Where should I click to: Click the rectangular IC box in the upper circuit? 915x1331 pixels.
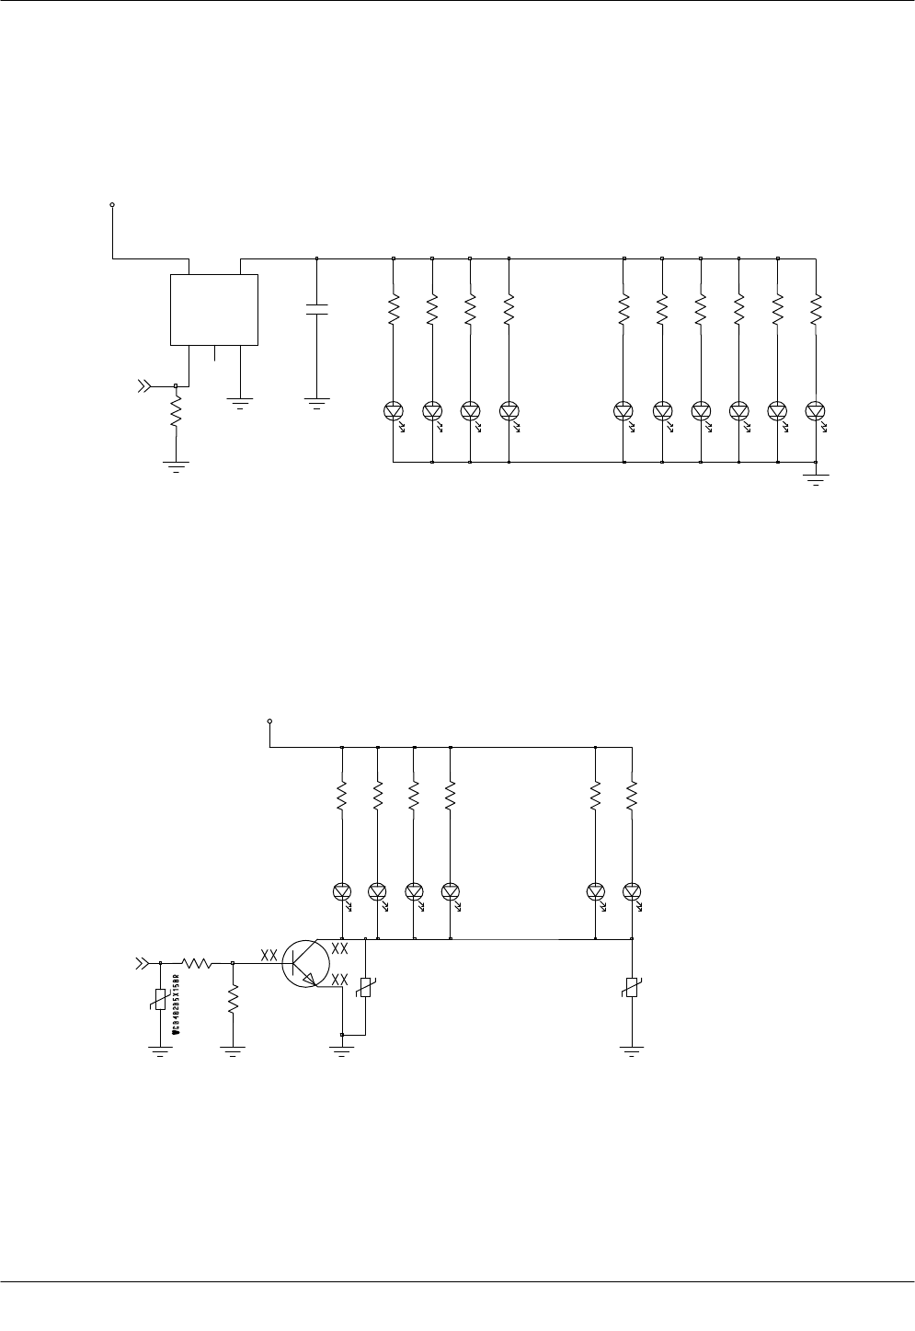tap(214, 309)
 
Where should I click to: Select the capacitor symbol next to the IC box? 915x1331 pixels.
tap(316, 308)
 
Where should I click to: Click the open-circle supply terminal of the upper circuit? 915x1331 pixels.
tap(112, 205)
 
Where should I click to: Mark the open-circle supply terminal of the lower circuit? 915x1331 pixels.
tap(269, 721)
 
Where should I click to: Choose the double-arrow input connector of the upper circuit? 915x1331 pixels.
tap(144, 386)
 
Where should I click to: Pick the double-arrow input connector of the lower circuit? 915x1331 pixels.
tap(142, 963)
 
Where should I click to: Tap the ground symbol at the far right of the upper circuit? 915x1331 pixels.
tap(816, 478)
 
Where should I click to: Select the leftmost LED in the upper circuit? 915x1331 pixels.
tap(393, 410)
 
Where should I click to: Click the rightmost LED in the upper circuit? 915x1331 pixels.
tap(815, 410)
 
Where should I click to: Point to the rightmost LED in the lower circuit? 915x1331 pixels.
tap(632, 891)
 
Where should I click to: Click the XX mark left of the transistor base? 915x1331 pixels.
tap(269, 956)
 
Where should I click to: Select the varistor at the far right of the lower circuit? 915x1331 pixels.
tap(632, 989)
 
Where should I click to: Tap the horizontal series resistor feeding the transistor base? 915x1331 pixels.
tap(197, 963)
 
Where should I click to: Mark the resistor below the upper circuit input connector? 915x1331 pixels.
tap(176, 416)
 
